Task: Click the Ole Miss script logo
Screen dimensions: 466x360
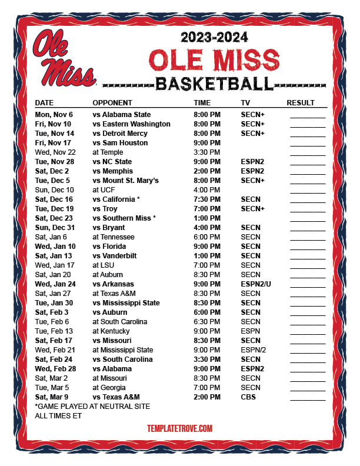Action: tap(64, 58)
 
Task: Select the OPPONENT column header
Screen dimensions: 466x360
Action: tap(112, 102)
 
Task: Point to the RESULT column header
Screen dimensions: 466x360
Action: tap(301, 102)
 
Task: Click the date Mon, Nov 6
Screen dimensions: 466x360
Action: tap(54, 115)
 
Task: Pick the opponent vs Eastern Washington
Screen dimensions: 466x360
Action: tap(131, 124)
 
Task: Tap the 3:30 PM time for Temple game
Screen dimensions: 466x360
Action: tap(207, 152)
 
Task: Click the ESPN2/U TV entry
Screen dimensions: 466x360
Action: tap(256, 284)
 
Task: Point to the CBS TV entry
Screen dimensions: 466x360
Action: tap(248, 397)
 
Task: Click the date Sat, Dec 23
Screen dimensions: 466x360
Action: tap(55, 218)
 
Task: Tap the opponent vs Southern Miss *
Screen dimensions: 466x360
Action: tap(124, 218)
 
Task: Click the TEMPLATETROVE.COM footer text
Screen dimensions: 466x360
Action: tap(179, 429)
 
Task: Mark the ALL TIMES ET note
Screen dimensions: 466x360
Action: tap(58, 416)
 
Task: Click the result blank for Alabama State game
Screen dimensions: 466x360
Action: tap(307, 115)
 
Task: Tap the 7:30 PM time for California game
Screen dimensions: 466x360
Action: tap(207, 199)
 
